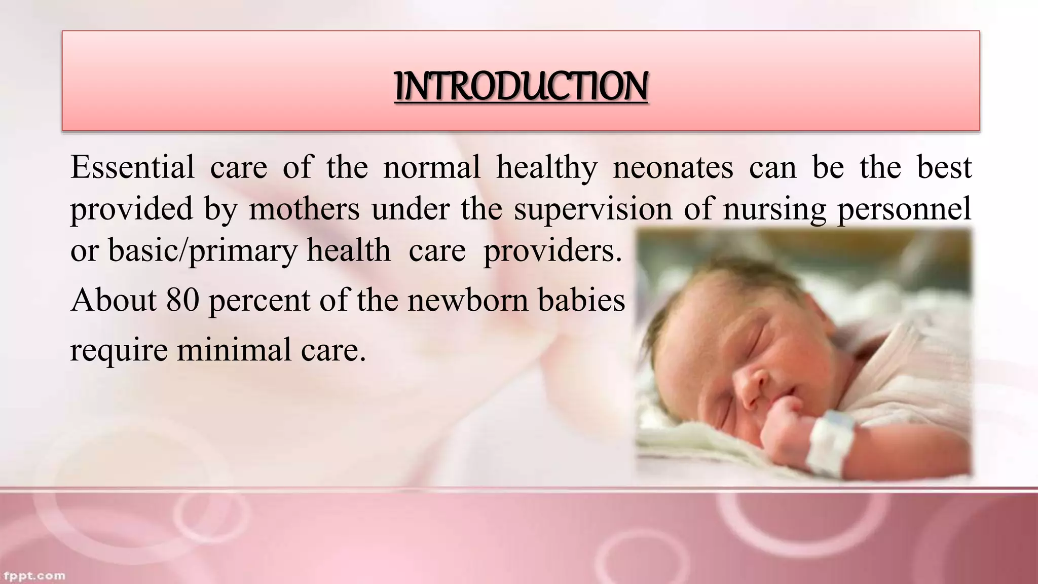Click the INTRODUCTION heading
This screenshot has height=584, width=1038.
pos(521,86)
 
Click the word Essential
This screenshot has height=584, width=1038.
pos(132,167)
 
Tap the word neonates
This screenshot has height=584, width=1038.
pos(673,167)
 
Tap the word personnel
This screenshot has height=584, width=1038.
pos(904,209)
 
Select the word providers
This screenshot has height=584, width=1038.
pos(552,250)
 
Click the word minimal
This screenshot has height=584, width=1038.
pos(234,350)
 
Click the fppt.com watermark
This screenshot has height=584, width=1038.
pos(34,576)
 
